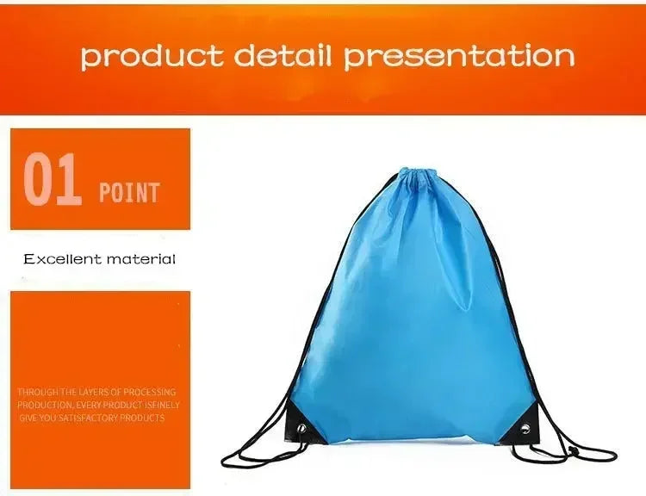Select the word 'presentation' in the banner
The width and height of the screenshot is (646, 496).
click(459, 56)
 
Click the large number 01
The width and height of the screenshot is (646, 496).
click(53, 180)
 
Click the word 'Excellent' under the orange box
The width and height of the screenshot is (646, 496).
click(62, 258)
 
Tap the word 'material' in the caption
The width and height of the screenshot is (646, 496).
click(140, 258)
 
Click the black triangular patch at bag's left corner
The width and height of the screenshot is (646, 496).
click(306, 426)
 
